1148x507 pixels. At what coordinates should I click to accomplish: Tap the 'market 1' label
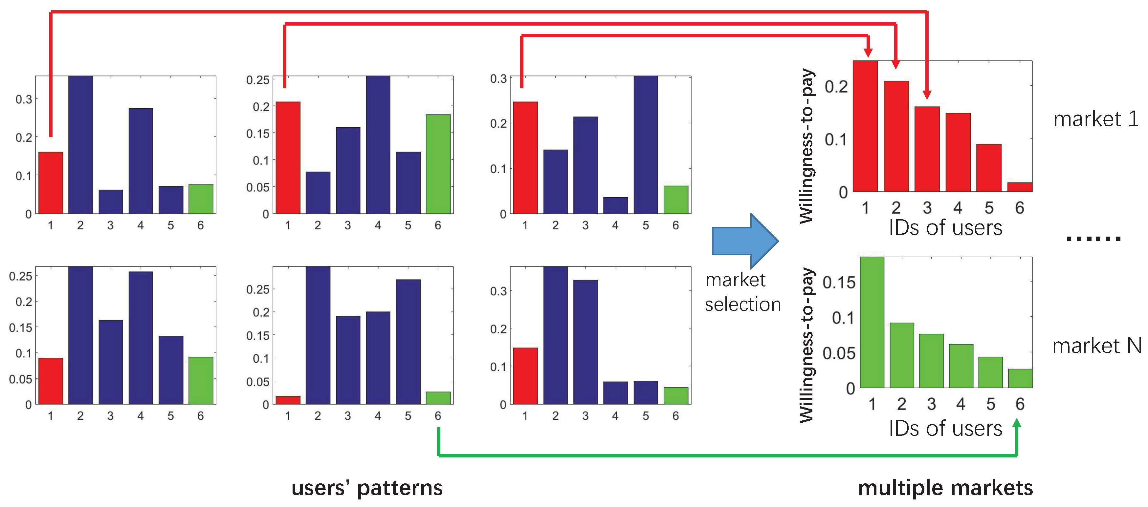click(1095, 119)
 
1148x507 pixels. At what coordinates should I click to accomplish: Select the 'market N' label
click(1096, 346)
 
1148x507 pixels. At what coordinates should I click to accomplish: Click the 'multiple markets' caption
click(945, 488)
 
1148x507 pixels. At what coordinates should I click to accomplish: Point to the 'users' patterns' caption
click(367, 488)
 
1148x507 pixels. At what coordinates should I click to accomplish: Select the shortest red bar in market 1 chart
click(1020, 187)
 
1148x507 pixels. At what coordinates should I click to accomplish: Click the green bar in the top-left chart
click(201, 199)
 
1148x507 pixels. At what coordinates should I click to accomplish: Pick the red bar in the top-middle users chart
click(288, 158)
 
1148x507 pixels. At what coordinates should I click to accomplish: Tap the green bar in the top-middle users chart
click(438, 164)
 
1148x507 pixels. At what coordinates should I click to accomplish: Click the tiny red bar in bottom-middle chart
click(288, 400)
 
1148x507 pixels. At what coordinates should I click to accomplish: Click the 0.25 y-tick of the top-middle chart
click(258, 80)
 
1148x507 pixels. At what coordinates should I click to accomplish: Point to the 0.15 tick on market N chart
click(839, 283)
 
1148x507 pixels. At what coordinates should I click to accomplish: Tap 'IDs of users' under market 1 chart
click(945, 228)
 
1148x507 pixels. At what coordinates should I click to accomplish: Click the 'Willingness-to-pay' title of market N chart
click(806, 345)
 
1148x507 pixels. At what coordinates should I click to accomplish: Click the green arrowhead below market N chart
click(1017, 424)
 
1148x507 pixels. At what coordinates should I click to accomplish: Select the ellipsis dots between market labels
click(1093, 239)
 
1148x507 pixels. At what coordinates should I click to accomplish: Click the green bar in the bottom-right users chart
click(675, 396)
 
